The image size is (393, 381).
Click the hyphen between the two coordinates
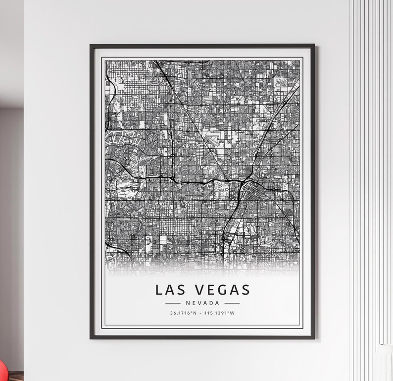pyautogui.click(x=202, y=313)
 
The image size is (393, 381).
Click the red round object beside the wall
pyautogui.click(x=2, y=369)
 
